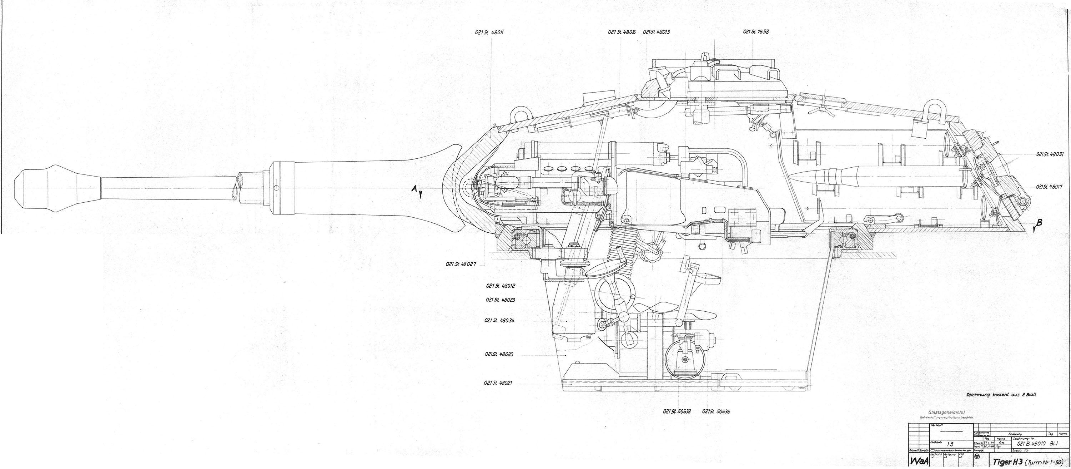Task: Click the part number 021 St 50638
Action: click(677, 411)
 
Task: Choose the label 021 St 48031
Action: click(1049, 154)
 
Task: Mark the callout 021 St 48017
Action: click(1049, 187)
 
